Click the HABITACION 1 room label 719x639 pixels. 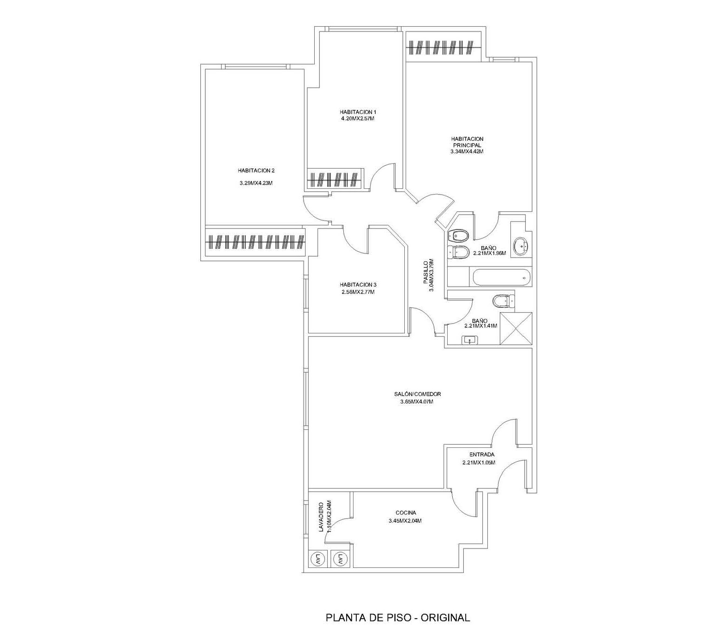[358, 112]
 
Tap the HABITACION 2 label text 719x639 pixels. [256, 171]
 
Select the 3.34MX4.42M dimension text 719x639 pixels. [467, 151]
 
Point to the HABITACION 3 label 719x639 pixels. [358, 285]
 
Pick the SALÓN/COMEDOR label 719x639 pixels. [418, 394]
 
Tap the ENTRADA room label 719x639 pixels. [482, 455]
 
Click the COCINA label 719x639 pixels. [406, 513]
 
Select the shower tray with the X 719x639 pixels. [516, 328]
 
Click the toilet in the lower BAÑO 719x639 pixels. [503, 301]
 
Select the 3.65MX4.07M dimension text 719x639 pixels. [417, 402]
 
